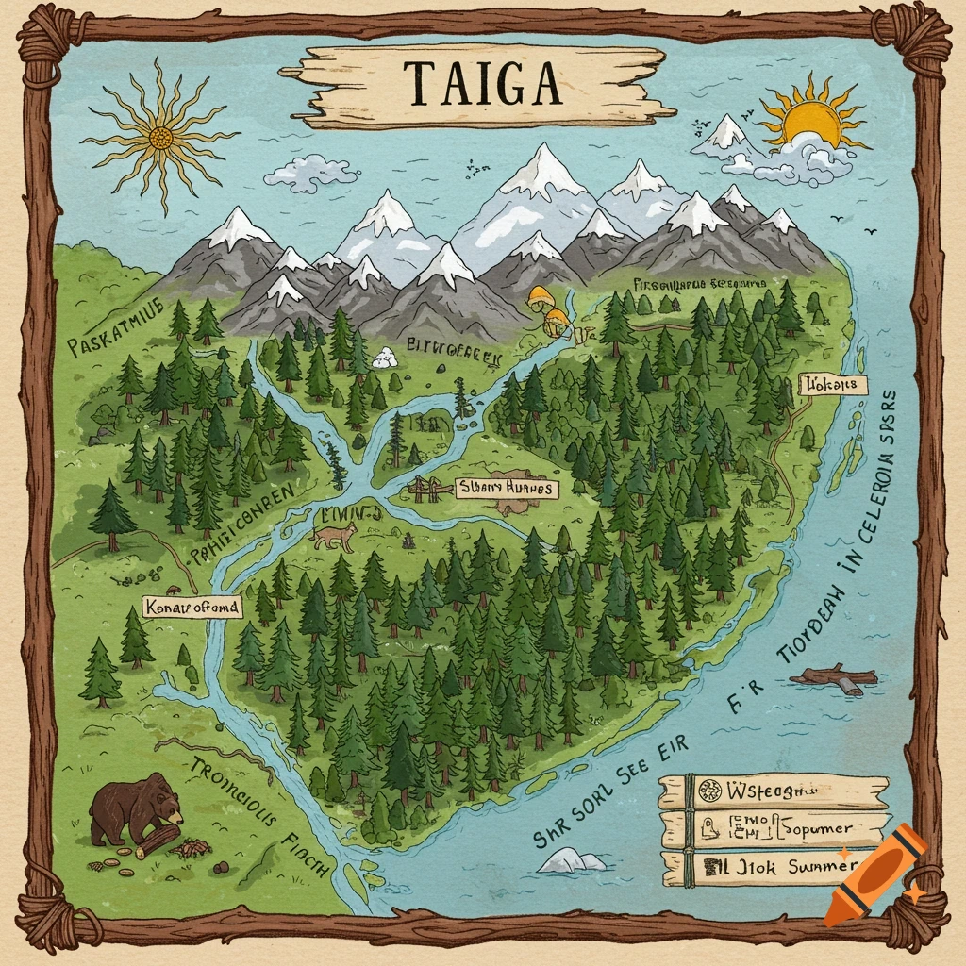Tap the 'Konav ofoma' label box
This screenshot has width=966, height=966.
click(x=192, y=607)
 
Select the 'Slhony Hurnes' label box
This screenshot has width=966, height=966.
click(x=506, y=488)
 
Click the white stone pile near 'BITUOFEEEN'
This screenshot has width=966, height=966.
click(x=384, y=357)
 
